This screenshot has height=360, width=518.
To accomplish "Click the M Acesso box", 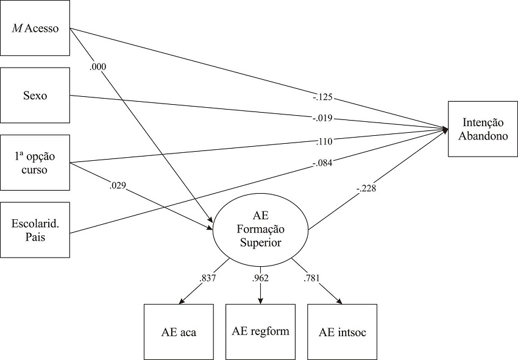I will pyautogui.click(x=35, y=28).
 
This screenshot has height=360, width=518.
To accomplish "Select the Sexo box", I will pyautogui.click(x=35, y=95).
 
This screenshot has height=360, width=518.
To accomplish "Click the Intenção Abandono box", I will pyautogui.click(x=482, y=129).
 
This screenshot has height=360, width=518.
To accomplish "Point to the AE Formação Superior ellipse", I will pyautogui.click(x=260, y=230).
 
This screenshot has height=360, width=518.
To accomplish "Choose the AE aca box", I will pyautogui.click(x=179, y=331).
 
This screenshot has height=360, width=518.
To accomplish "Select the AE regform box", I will pyautogui.click(x=261, y=331).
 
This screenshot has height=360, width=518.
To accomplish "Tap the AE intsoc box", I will pyautogui.click(x=342, y=331).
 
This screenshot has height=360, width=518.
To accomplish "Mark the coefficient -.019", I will pyautogui.click(x=323, y=118).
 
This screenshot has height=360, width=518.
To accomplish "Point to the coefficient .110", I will pyautogui.click(x=323, y=141).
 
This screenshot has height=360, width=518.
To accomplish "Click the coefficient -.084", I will pyautogui.click(x=323, y=162).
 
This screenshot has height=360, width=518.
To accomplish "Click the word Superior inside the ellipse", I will pyautogui.click(x=260, y=242).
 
